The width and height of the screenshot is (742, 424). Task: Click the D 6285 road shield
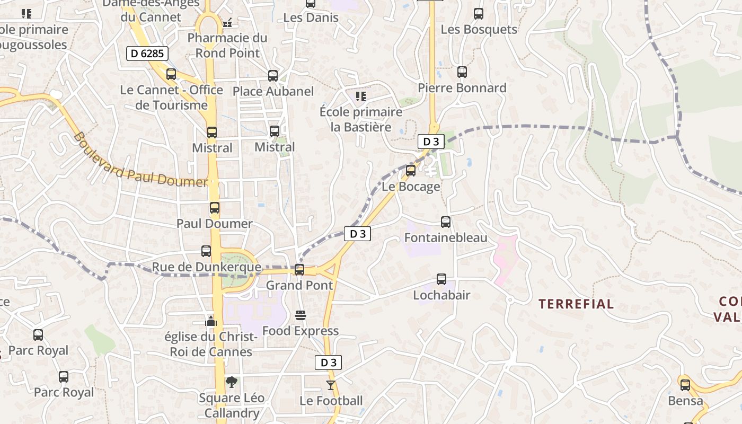click(x=147, y=53)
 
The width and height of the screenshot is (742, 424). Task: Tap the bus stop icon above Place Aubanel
click(x=273, y=76)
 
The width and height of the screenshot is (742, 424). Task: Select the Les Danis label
click(x=311, y=17)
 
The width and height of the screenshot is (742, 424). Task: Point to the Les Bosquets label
click(x=479, y=29)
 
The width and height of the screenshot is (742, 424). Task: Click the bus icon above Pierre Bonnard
click(x=462, y=72)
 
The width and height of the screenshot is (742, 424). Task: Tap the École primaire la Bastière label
click(x=361, y=120)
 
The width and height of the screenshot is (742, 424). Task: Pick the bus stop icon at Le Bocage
click(x=411, y=171)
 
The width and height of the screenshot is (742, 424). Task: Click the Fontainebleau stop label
click(x=446, y=237)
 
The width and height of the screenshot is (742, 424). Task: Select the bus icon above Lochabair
click(x=441, y=279)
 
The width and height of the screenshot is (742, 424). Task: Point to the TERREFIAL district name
click(x=576, y=304)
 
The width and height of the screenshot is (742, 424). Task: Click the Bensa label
click(x=685, y=401)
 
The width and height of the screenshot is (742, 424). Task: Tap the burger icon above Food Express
click(x=301, y=316)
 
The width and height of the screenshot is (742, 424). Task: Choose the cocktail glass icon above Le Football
click(x=331, y=385)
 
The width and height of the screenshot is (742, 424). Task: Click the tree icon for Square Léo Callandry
click(x=232, y=382)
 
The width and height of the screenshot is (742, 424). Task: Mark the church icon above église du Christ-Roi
click(x=211, y=321)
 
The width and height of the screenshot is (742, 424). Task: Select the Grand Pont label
click(x=299, y=285)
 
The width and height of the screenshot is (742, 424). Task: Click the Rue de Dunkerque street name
click(x=207, y=267)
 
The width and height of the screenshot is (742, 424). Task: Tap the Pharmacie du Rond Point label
click(x=227, y=46)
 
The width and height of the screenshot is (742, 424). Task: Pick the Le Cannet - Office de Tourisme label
click(x=171, y=98)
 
